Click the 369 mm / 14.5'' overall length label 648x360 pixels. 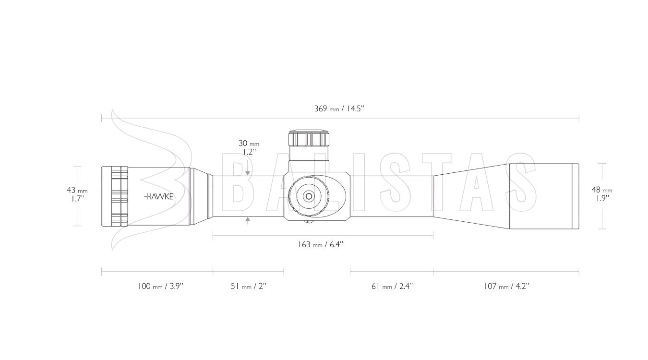click(x=339, y=109)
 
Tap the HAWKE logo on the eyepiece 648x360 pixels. click(x=158, y=197)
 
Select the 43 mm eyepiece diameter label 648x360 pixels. click(x=77, y=194)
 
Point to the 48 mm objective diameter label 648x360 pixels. click(x=602, y=194)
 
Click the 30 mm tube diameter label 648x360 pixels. click(x=249, y=147)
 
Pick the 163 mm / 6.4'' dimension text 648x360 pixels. click(x=321, y=244)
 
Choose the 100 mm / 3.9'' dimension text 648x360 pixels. click(x=160, y=286)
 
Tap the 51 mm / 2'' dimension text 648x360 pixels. click(x=249, y=286)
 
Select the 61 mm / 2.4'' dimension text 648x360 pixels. click(x=392, y=286)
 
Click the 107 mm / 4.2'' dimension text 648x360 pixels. click(x=507, y=286)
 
